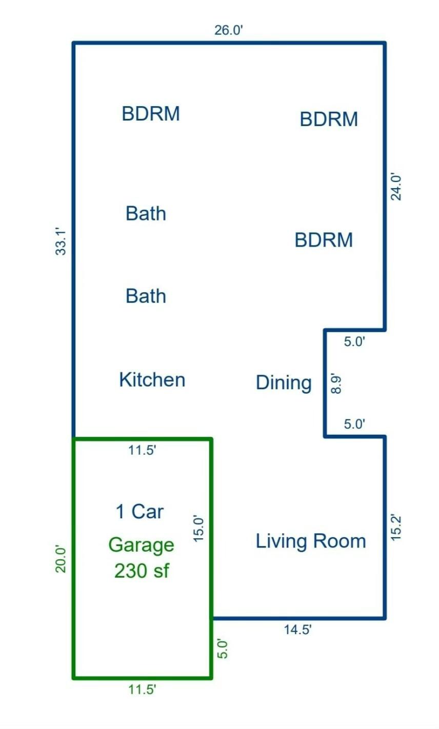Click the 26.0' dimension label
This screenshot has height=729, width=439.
[229, 30]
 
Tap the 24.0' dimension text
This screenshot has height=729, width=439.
[396, 187]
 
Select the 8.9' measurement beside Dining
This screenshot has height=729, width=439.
[336, 383]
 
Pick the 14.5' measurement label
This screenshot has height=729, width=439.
[297, 630]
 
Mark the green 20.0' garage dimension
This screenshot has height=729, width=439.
[61, 559]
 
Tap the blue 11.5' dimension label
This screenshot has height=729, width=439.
[143, 451]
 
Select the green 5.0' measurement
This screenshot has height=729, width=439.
[223, 649]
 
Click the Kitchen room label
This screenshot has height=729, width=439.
[152, 379]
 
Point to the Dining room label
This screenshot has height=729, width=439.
[284, 383]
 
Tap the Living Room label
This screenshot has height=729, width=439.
[311, 541]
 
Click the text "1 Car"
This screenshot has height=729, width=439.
[139, 511]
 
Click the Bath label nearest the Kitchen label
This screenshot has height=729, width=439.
[146, 296]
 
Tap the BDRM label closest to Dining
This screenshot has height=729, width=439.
[324, 240]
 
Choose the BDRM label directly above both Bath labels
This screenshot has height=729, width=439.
[151, 114]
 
